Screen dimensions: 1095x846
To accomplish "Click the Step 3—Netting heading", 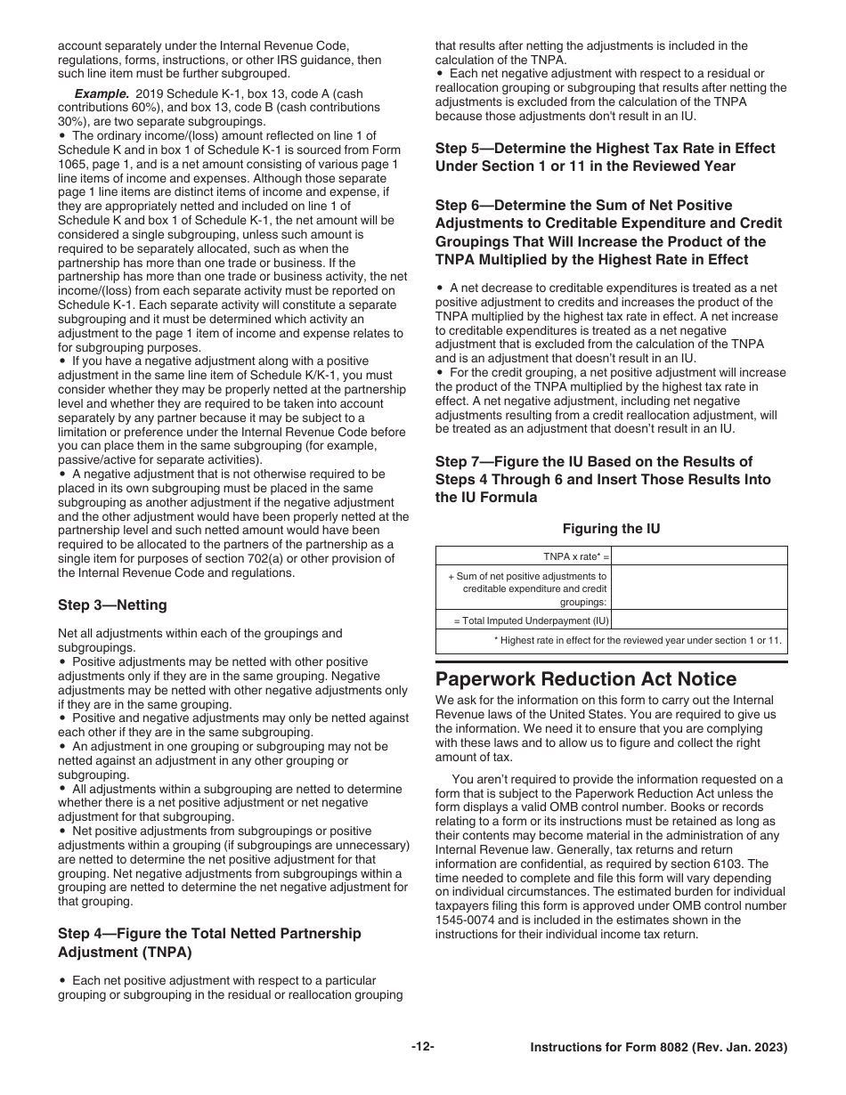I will [112, 605].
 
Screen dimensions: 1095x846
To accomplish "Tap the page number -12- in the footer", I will [423, 1047].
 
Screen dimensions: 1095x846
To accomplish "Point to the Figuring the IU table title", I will [611, 529].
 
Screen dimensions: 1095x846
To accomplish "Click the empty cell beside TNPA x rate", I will [700, 556].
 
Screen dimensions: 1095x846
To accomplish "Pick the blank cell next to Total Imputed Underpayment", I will [700, 620].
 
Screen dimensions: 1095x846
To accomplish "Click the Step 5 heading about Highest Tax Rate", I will [605, 158].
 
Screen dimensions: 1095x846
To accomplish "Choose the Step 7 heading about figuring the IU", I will [603, 479].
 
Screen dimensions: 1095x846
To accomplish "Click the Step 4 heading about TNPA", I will [209, 943].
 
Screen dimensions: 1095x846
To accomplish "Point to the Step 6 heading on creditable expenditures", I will [608, 232].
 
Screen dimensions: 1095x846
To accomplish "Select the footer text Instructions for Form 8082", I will [658, 1048].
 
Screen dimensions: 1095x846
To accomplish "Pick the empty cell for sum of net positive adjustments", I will [700, 588].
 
